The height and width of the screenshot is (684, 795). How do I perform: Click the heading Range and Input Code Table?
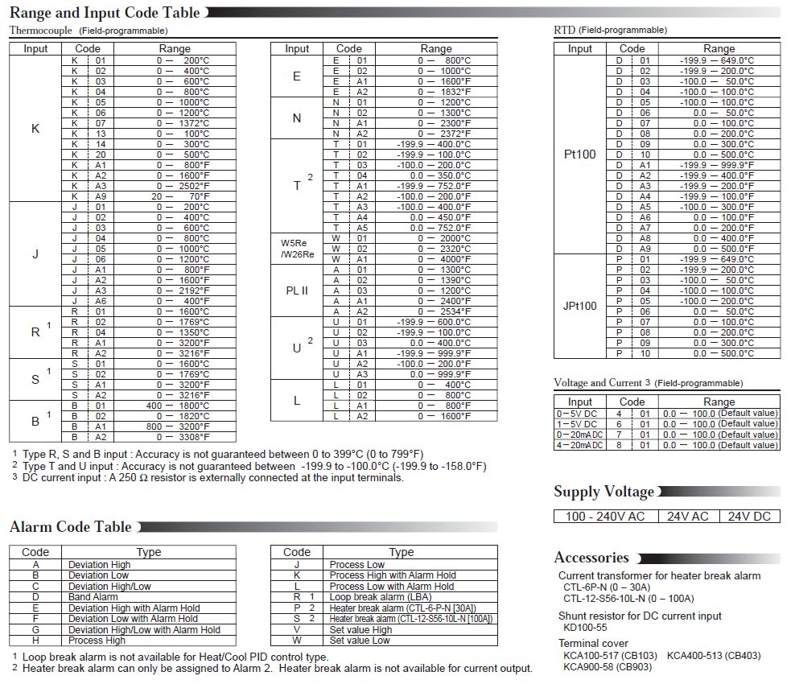[105, 13]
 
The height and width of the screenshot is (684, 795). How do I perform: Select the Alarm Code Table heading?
[71, 527]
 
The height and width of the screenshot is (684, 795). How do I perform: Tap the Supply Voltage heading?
[603, 492]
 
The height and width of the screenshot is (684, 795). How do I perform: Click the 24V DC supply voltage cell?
[749, 516]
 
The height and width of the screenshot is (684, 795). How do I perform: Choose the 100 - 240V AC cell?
[605, 516]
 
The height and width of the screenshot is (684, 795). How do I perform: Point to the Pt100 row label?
[579, 154]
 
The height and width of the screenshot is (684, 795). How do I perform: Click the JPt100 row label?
[579, 306]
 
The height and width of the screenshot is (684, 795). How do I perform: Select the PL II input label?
[297, 290]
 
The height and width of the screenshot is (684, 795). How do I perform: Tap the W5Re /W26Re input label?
[297, 249]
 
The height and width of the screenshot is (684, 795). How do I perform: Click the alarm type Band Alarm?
[93, 597]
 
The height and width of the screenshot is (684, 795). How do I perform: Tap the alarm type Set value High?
[360, 629]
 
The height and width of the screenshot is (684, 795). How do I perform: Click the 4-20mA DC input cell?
[577, 445]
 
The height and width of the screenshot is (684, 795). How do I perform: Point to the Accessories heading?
[591, 558]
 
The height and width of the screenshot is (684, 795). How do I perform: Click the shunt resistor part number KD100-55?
[585, 627]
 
